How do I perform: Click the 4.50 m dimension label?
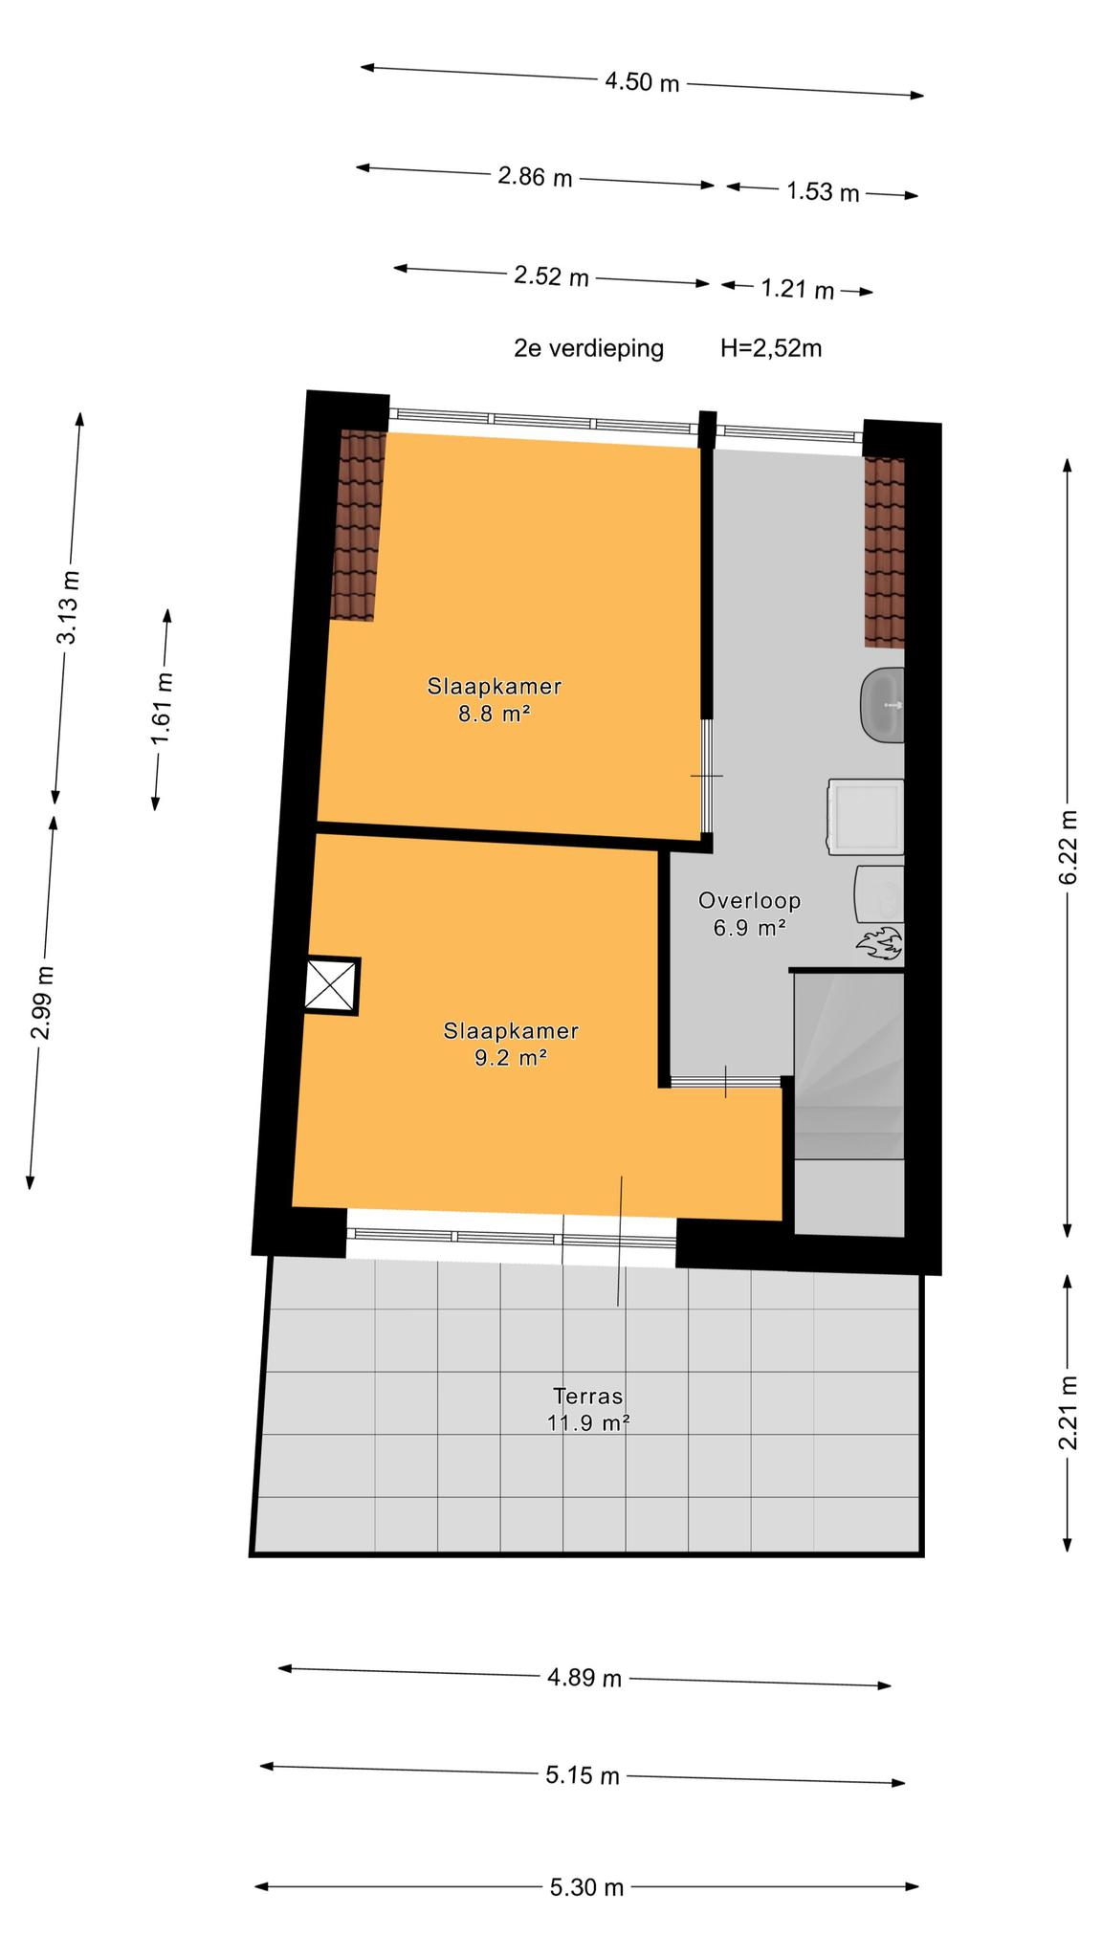tap(642, 82)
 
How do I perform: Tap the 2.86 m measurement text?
tap(535, 177)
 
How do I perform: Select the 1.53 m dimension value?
tap(823, 192)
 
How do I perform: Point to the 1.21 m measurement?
tap(797, 288)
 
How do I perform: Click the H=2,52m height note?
tap(771, 348)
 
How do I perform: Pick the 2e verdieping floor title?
tap(588, 348)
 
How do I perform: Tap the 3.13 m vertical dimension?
tap(69, 607)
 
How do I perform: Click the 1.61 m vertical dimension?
tap(163, 709)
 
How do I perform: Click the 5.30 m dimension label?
tap(586, 1887)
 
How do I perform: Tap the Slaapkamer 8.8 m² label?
tap(494, 699)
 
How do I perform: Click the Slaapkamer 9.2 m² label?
tap(511, 1044)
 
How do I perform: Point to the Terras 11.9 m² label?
tap(587, 1409)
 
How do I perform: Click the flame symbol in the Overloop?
tap(878, 943)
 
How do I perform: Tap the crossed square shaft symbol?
tap(331, 986)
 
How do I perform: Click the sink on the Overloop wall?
tap(882, 705)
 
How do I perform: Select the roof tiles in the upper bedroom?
tap(359, 525)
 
